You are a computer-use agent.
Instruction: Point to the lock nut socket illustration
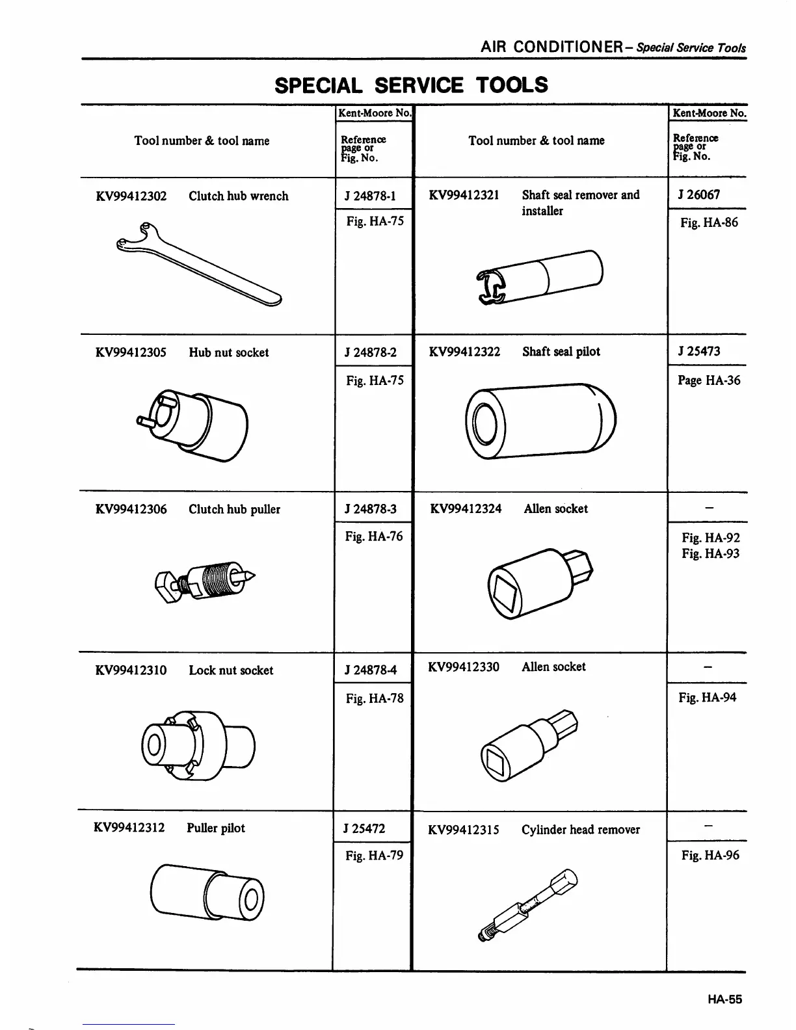click(198, 745)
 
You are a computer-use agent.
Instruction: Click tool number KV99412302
click(131, 196)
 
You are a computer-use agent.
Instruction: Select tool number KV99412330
click(464, 667)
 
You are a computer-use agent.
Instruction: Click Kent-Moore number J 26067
click(698, 195)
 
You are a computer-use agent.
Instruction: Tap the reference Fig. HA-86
click(709, 223)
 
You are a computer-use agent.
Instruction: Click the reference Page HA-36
click(709, 380)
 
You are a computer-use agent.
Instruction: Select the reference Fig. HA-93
click(711, 554)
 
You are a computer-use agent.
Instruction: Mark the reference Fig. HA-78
click(375, 698)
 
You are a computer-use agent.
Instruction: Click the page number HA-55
click(725, 999)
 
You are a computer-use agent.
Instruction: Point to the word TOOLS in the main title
click(512, 85)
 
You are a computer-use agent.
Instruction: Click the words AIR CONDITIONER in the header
click(553, 47)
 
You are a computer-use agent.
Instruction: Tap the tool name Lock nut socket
click(231, 670)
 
